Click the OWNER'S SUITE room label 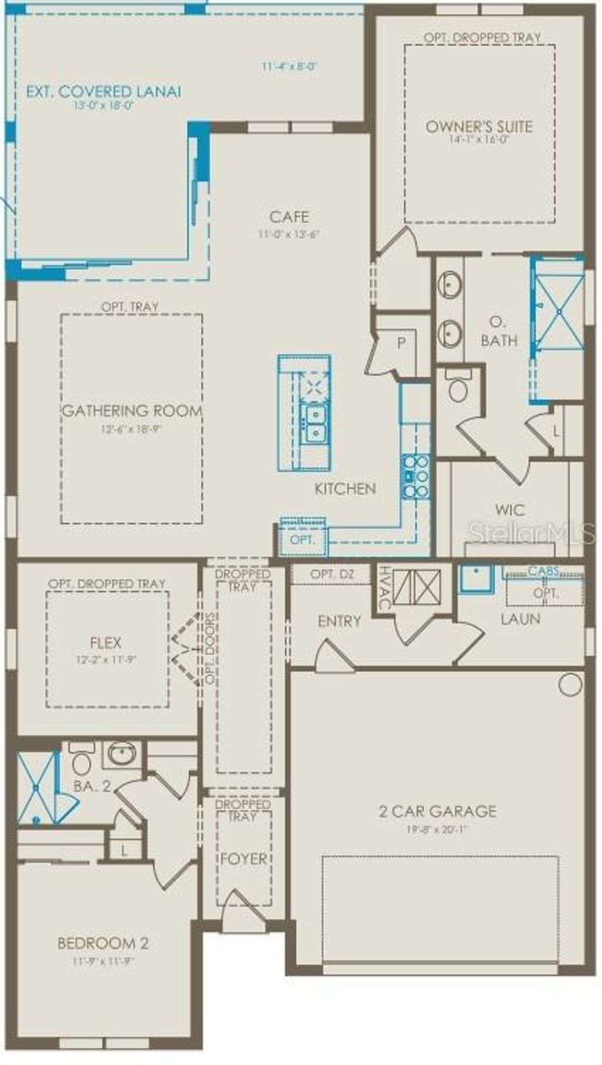click(x=479, y=126)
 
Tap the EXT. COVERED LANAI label click(x=103, y=92)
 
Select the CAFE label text click(x=289, y=217)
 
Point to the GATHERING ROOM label click(x=132, y=411)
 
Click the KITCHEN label click(x=345, y=488)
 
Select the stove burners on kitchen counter click(x=415, y=475)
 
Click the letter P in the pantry click(x=402, y=343)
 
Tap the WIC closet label click(x=510, y=510)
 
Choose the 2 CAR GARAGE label click(x=437, y=812)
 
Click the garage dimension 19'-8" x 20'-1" click(x=437, y=829)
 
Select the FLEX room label click(x=106, y=642)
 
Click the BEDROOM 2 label click(x=103, y=943)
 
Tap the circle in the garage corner click(x=570, y=685)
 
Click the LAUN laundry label click(x=520, y=618)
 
